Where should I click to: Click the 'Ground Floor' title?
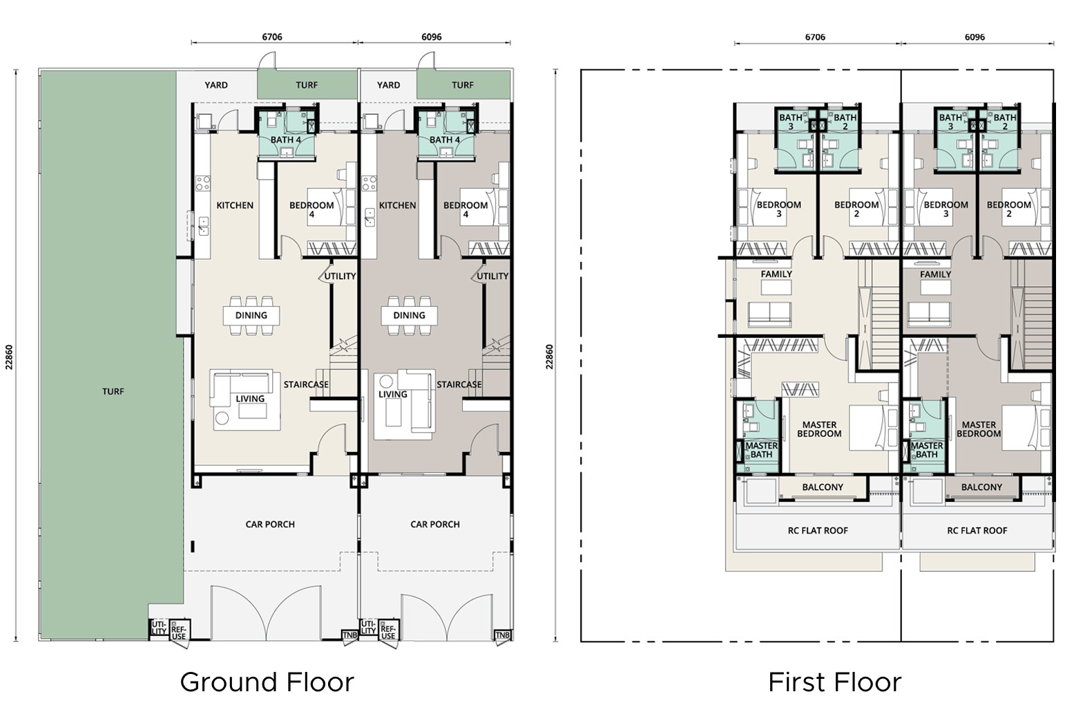pos(267,682)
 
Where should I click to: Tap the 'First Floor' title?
pos(835,682)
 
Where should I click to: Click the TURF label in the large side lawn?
pos(113,391)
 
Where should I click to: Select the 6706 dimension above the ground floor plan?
pos(272,37)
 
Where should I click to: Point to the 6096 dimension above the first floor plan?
pos(975,37)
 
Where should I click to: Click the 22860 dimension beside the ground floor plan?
pos(9,357)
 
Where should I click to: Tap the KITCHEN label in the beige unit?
pos(235,205)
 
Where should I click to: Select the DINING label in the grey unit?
pos(409,315)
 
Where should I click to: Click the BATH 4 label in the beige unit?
pos(286,140)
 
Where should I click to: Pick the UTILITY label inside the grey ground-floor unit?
pos(492,276)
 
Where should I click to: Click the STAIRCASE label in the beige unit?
pos(306,384)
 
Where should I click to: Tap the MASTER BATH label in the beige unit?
pos(761,450)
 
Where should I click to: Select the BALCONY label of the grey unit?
pos(981,487)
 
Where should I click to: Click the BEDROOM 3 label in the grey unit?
pos(946,209)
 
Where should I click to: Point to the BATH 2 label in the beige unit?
pos(845,122)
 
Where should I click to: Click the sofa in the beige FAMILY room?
pos(770,314)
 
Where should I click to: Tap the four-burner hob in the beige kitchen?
pos(203,183)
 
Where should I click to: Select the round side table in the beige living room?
pos(222,418)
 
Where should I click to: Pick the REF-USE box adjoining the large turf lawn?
pos(180,630)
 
